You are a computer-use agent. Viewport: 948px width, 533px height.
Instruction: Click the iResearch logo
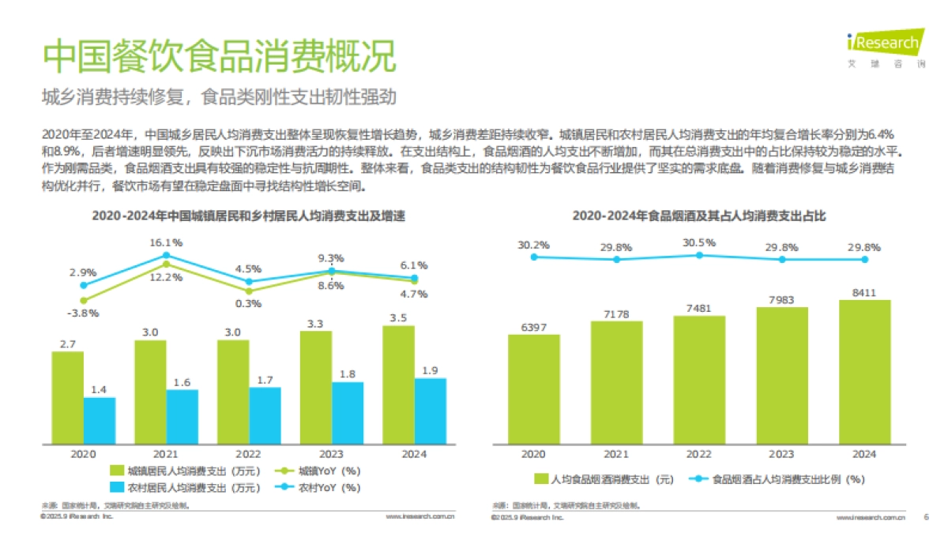pyautogui.click(x=885, y=43)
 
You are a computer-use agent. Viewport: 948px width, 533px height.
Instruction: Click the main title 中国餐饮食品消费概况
pyautogui.click(x=219, y=58)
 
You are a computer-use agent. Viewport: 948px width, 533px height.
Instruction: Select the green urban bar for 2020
pyautogui.click(x=68, y=397)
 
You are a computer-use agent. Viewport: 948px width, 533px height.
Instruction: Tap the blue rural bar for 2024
pyautogui.click(x=431, y=411)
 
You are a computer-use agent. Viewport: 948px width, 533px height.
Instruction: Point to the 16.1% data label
pyautogui.click(x=166, y=242)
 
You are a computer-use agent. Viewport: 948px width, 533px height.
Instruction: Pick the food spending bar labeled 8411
pyautogui.click(x=864, y=371)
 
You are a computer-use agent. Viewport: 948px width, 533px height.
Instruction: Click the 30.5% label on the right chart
pyautogui.click(x=699, y=242)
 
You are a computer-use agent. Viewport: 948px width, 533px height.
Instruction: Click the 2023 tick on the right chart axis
pyautogui.click(x=781, y=454)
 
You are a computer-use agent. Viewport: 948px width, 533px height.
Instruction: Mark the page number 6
pyautogui.click(x=926, y=518)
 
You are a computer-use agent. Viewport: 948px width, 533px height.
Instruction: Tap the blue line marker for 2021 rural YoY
pyautogui.click(x=166, y=256)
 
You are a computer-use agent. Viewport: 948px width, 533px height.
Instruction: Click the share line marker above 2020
pyautogui.click(x=534, y=257)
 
